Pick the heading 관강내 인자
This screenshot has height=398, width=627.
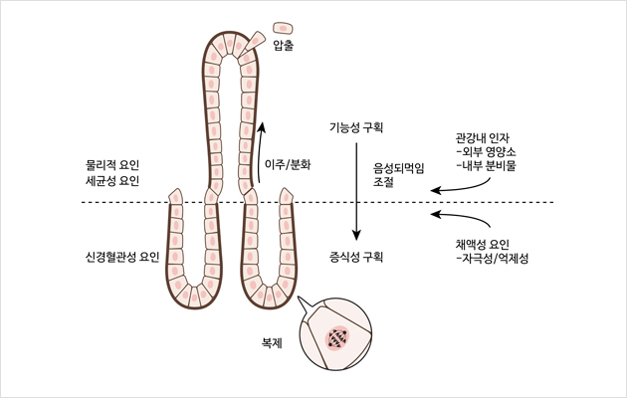pyautogui.click(x=482, y=136)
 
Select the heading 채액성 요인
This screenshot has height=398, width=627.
pyautogui.click(x=482, y=244)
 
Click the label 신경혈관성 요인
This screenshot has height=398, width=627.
pyautogui.click(x=122, y=257)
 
